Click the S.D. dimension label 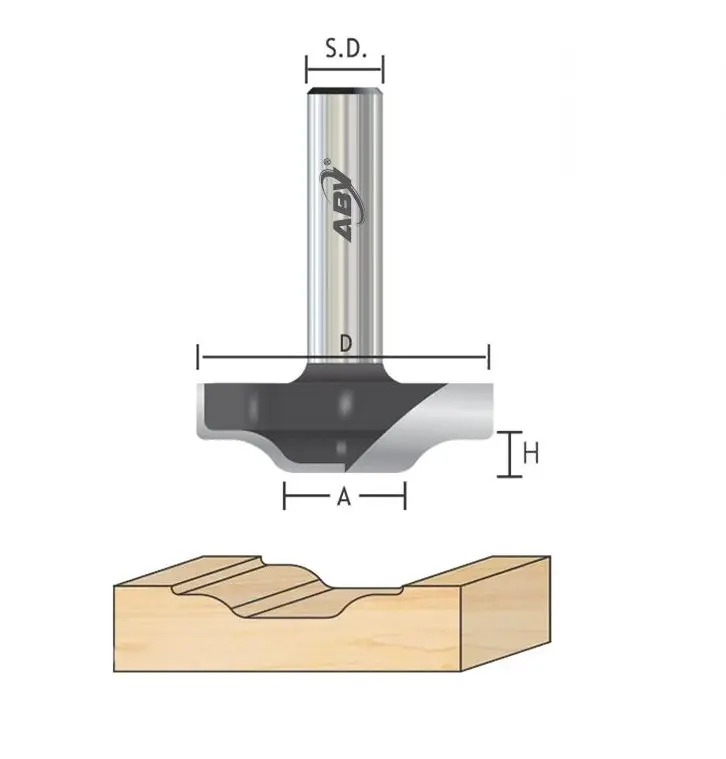click(x=345, y=46)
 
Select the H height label click(x=532, y=453)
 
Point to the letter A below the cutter click(x=345, y=496)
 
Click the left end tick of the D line click(x=199, y=357)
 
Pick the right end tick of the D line click(x=488, y=357)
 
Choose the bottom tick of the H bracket click(x=510, y=474)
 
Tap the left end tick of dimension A click(x=286, y=495)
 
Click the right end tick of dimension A click(x=405, y=495)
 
